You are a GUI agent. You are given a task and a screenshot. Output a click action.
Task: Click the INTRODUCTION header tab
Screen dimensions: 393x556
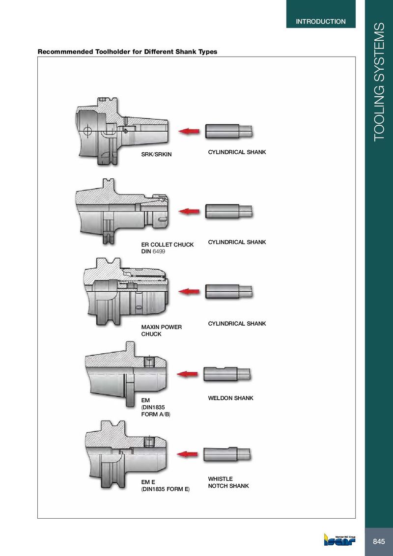321,21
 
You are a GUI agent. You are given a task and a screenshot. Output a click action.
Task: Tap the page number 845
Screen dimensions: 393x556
379,541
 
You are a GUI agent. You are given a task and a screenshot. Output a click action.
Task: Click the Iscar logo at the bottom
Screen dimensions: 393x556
339,539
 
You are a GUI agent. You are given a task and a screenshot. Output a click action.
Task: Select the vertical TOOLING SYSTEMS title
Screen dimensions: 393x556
379,82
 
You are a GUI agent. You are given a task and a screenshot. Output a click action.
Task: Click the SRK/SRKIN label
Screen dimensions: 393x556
156,154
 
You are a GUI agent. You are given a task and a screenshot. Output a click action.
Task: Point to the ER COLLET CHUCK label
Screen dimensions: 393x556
168,245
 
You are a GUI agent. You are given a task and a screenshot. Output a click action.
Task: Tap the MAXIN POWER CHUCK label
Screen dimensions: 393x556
162,331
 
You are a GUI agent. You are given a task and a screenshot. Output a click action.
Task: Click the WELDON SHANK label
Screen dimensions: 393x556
230,398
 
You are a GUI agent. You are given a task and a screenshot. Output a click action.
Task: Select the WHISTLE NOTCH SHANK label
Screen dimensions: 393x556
228,482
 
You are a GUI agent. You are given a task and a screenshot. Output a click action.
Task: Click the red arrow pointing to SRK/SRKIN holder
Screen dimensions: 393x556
189,131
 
